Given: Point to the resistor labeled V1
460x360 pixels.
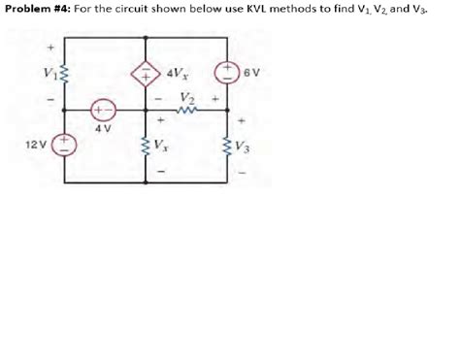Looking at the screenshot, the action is point(66,76).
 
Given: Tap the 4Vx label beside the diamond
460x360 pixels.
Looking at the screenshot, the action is point(177,72).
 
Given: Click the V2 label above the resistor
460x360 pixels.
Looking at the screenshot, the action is point(187,96).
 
